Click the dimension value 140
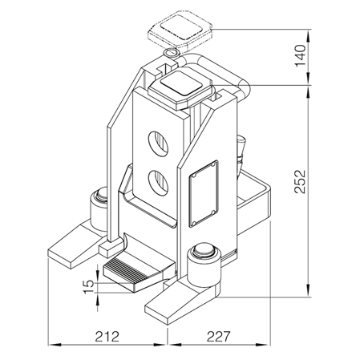coord(301,56)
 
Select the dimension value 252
coord(301,181)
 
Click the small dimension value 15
coord(89,287)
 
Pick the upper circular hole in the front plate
coord(158,144)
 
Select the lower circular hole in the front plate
coord(158,184)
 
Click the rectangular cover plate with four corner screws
coord(204,193)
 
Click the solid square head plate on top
coord(181,87)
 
